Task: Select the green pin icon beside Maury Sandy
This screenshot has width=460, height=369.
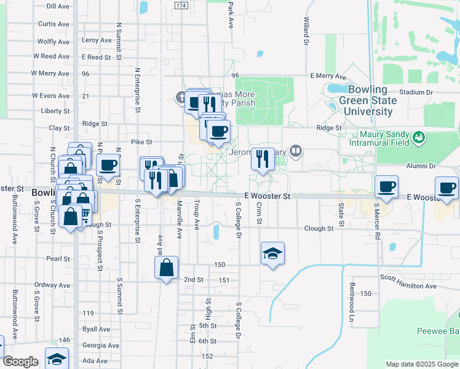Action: coord(419,136)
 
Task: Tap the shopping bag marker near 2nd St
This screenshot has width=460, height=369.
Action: coord(166,268)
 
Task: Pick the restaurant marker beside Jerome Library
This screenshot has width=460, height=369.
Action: coord(263,160)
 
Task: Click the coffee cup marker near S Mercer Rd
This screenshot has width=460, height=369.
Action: coord(386,187)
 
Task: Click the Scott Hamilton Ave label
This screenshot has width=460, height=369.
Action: coord(408,286)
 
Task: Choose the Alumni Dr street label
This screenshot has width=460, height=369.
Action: coord(422,166)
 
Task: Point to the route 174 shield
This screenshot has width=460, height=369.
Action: coord(181,6)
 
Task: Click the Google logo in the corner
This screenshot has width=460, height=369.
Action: coord(21,362)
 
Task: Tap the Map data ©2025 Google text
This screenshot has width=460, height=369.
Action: coord(421,364)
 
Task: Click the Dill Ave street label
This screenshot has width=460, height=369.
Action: coord(57,6)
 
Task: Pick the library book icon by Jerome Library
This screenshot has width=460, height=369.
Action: coord(296,150)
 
